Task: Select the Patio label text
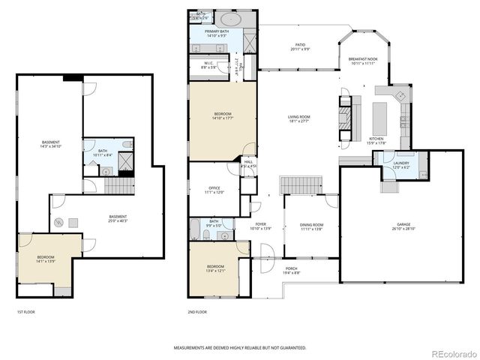point(299,46)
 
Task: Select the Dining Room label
point(310,225)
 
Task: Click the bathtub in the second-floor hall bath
point(195,229)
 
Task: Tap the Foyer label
point(260,224)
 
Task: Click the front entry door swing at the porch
point(262,266)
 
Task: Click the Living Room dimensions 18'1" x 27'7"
point(298,121)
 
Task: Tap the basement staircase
point(117,184)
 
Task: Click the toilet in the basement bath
point(127,144)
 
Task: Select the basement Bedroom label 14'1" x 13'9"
point(46,260)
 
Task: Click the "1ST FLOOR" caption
point(25,311)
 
